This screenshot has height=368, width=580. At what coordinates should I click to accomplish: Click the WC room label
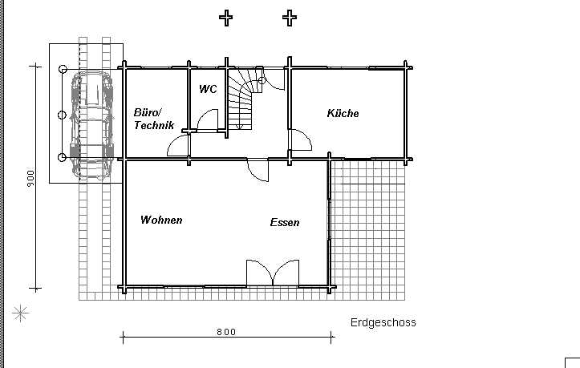[208, 89]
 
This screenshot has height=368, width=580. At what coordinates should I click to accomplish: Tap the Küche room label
[343, 113]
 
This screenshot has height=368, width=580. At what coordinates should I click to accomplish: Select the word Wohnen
[161, 220]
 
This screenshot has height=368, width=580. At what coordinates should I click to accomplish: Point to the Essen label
[285, 222]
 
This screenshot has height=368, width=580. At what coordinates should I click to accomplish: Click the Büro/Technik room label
[154, 119]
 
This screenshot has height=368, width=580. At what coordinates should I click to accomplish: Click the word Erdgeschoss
[383, 322]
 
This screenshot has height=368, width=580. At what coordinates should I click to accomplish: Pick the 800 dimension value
[226, 332]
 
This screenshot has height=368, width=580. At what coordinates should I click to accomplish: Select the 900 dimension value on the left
[30, 178]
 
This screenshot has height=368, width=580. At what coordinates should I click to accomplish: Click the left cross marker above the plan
[226, 18]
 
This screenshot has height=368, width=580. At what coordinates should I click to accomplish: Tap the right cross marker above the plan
[290, 18]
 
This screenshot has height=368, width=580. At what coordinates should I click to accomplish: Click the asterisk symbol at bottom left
[20, 313]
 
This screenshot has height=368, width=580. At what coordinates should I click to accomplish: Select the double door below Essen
[273, 273]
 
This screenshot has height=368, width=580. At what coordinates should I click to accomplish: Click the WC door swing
[208, 119]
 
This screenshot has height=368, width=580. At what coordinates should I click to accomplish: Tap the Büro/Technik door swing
[178, 145]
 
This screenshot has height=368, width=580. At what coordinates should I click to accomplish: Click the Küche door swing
[300, 140]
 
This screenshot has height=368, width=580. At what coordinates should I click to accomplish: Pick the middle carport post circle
[62, 115]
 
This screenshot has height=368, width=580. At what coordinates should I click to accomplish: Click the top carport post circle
[63, 69]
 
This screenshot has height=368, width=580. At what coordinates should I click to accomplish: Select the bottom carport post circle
[62, 157]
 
